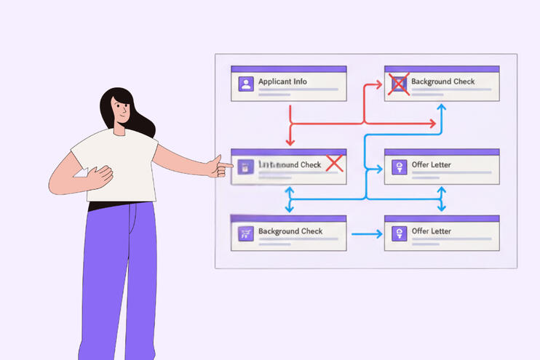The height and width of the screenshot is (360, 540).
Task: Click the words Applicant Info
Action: pyautogui.click(x=282, y=81)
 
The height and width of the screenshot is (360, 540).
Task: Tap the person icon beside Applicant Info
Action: pyautogui.click(x=245, y=84)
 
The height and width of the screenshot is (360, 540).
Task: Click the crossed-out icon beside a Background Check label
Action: pyautogui.click(x=398, y=84)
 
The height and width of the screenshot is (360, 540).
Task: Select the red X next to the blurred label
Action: pyautogui.click(x=334, y=164)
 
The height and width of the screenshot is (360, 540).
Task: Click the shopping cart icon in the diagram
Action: pyautogui.click(x=245, y=233)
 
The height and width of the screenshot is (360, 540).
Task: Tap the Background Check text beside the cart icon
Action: pyautogui.click(x=290, y=231)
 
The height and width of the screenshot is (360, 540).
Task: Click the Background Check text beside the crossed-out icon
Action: pyautogui.click(x=442, y=81)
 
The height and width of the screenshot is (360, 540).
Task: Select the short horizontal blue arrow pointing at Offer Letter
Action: pyautogui.click(x=367, y=234)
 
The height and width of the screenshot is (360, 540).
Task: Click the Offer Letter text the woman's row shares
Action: pyautogui.click(x=432, y=165)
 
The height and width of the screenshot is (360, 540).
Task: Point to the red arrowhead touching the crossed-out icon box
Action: pyautogui.click(x=379, y=84)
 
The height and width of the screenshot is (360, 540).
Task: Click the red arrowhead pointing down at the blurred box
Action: pyautogui.click(x=290, y=143)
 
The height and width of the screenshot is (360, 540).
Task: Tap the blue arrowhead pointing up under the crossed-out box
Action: pyautogui.click(x=441, y=108)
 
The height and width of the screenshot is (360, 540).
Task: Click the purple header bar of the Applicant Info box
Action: pyautogui.click(x=288, y=68)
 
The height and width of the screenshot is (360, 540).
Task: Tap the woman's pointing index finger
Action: pyautogui.click(x=226, y=166)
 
